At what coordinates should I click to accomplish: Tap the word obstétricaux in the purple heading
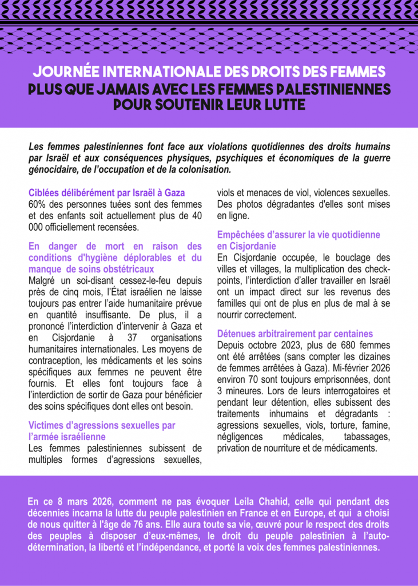125,269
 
